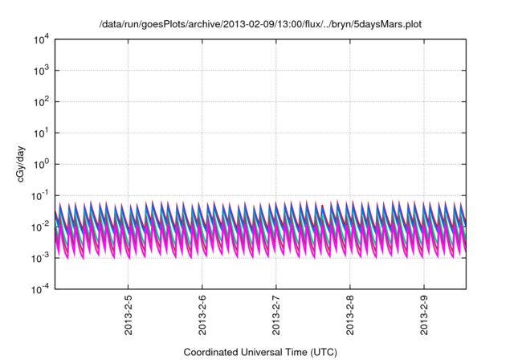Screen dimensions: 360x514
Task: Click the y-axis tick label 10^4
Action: (x=41, y=39)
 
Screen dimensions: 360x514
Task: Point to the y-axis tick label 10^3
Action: (x=41, y=71)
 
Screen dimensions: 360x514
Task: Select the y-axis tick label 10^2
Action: (x=41, y=102)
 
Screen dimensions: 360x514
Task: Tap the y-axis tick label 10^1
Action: (x=41, y=133)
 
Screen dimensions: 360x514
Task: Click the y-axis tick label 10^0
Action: (x=41, y=164)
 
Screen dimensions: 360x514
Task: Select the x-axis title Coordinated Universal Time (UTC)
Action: (x=260, y=352)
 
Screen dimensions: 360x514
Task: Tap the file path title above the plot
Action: (x=260, y=25)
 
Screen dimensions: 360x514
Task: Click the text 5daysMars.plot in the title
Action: (x=387, y=25)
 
